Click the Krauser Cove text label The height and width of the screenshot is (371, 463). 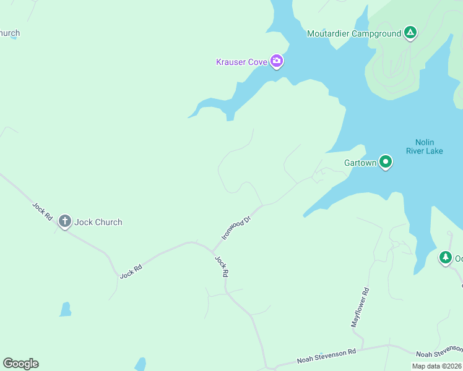(x=241, y=62)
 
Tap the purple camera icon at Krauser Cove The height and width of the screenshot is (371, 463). (x=277, y=61)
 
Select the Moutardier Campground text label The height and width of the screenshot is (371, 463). (x=354, y=33)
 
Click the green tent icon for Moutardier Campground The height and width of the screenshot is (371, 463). (x=410, y=32)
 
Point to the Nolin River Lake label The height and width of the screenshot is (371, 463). (x=425, y=146)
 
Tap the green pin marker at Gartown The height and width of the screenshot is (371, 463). (x=386, y=162)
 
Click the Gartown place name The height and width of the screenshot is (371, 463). (x=360, y=163)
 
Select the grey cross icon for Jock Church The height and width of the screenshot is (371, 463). (x=64, y=221)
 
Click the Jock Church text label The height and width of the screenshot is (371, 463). (x=99, y=222)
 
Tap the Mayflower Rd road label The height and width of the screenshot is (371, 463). (x=360, y=307)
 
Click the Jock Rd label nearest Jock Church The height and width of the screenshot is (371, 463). (x=43, y=211)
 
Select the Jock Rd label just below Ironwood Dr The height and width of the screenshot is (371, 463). (x=222, y=266)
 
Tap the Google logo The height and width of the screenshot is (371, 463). (x=20, y=364)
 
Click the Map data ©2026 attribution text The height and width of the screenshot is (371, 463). (x=436, y=365)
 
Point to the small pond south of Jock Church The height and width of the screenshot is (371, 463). (x=65, y=309)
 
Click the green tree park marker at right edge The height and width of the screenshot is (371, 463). (x=445, y=257)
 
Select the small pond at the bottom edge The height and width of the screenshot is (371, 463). (x=141, y=364)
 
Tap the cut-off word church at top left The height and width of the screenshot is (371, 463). (x=10, y=33)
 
